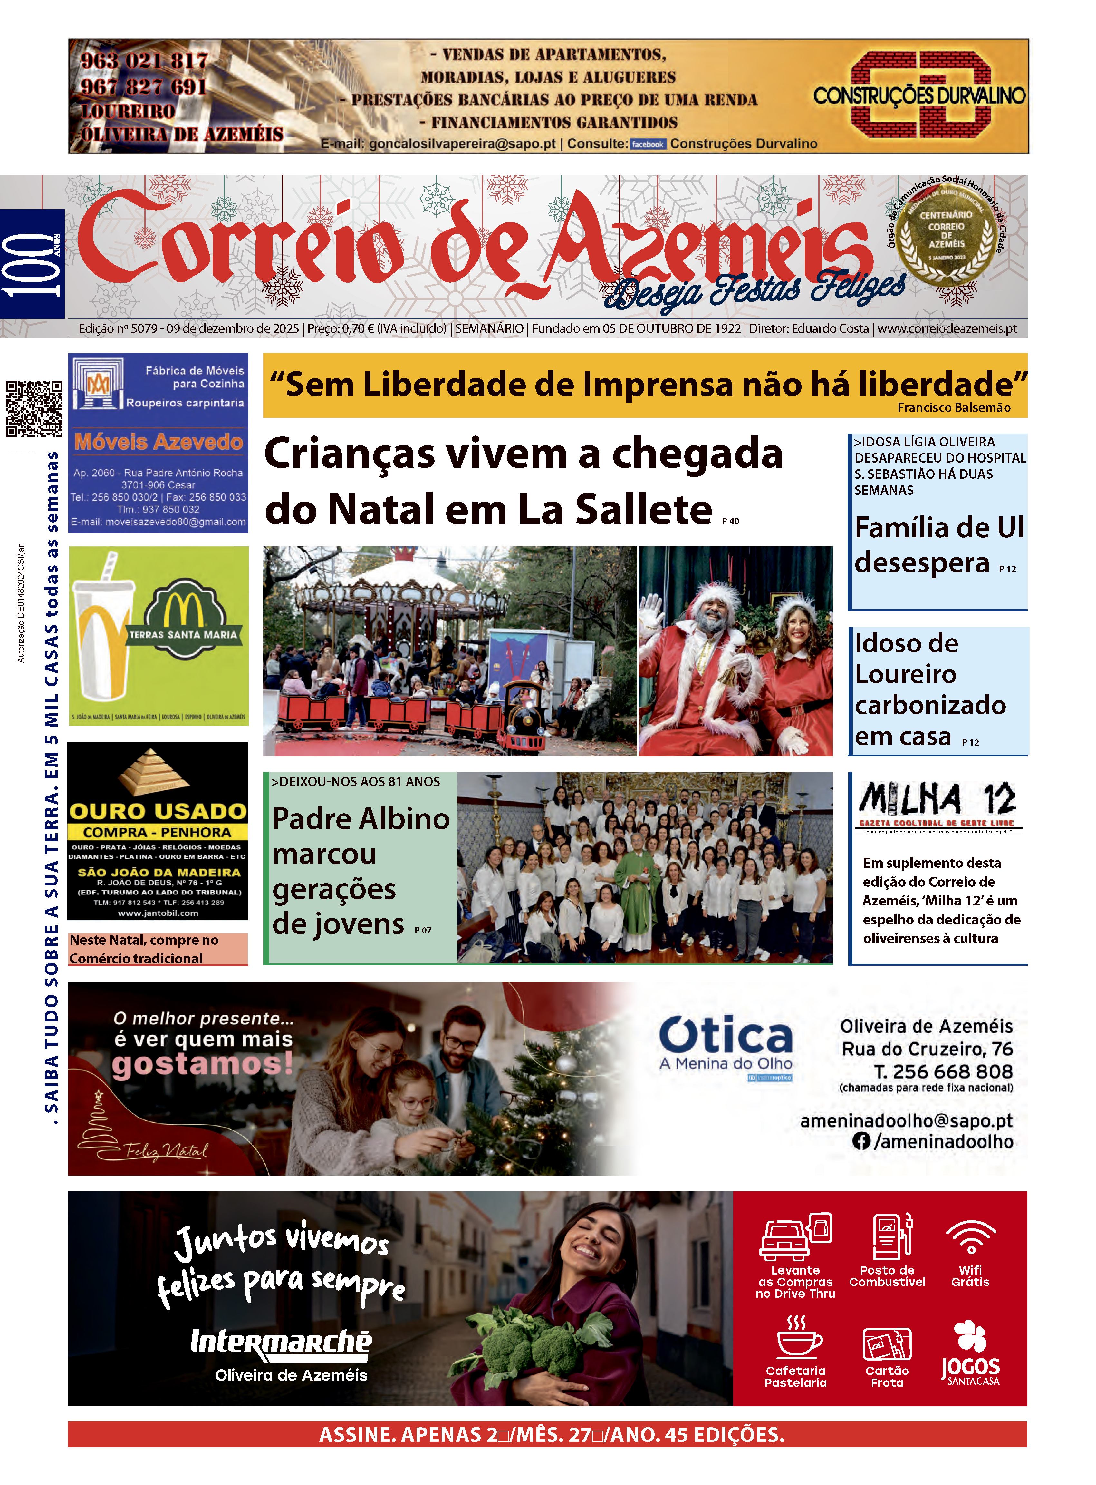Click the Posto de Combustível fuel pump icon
[892, 1236]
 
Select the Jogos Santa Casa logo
[971, 1354]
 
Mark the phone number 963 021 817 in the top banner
[144, 60]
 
